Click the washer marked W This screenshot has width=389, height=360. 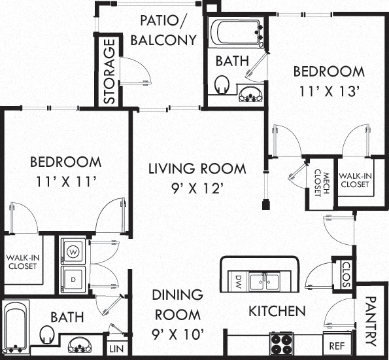[73, 252]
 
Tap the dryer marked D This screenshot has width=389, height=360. [73, 279]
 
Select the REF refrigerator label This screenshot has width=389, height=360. [337, 346]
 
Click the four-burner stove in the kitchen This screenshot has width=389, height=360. [282, 344]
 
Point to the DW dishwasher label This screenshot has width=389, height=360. [238, 281]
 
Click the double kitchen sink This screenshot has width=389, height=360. [265, 281]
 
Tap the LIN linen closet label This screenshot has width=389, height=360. [116, 349]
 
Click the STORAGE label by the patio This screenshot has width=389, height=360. [109, 71]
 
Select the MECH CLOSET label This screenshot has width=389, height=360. [322, 183]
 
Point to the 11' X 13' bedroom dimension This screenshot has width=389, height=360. [330, 91]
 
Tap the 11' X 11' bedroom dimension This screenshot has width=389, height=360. [66, 181]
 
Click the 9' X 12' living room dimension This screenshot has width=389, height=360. [196, 188]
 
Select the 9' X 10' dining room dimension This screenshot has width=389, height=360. [178, 334]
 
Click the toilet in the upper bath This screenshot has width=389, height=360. [222, 84]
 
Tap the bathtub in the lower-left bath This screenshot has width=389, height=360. [16, 327]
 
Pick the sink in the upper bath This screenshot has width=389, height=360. [250, 94]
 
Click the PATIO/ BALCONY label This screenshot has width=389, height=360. [163, 30]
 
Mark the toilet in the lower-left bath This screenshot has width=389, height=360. [47, 334]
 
